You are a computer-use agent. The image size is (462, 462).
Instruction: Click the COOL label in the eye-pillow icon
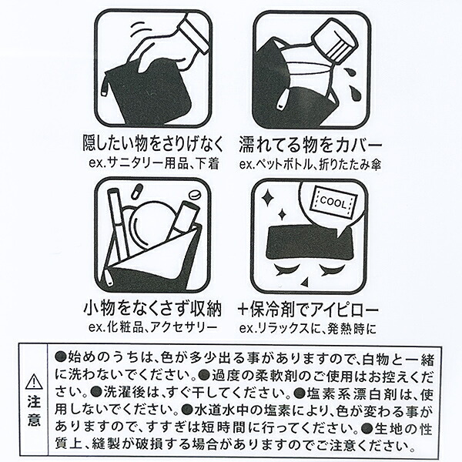coord(334,203)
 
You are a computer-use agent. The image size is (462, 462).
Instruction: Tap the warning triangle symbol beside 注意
coord(35,381)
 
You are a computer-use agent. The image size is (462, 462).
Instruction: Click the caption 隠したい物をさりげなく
coord(153,143)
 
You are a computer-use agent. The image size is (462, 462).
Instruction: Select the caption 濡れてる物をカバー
coord(310,145)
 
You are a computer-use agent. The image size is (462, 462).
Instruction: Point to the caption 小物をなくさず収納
coord(152,309)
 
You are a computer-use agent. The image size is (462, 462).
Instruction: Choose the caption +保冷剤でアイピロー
coord(308,310)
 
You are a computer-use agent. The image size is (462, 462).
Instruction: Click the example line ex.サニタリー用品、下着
coord(154,163)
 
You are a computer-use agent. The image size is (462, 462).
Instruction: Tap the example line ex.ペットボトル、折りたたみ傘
coord(310,165)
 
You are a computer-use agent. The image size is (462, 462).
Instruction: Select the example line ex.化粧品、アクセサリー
coord(152,327)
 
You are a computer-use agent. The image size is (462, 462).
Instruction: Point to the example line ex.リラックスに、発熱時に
coord(308,329)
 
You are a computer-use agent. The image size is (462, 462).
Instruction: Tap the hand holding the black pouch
coord(159,50)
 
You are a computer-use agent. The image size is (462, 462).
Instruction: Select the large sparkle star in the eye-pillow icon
coord(268,198)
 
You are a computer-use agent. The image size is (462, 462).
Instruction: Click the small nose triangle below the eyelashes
coord(305,283)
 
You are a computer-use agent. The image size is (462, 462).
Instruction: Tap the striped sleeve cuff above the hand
coord(195,32)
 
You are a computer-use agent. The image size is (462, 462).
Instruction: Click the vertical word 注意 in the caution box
coord(35,410)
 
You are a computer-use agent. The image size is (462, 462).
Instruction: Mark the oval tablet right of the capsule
coord(195,195)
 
